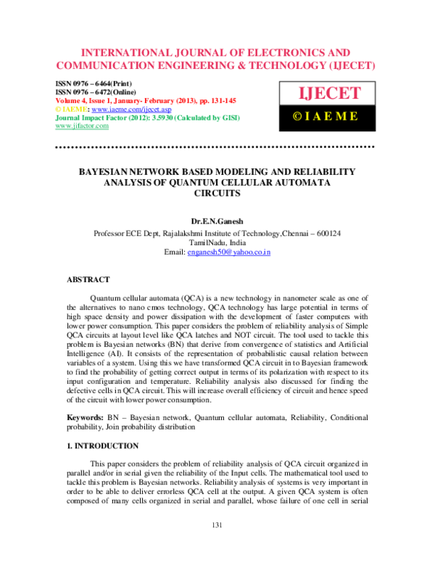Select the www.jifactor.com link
click(x=82, y=125)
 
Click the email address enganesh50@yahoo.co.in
click(x=228, y=252)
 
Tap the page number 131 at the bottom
click(x=217, y=545)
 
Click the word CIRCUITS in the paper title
click(x=217, y=194)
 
